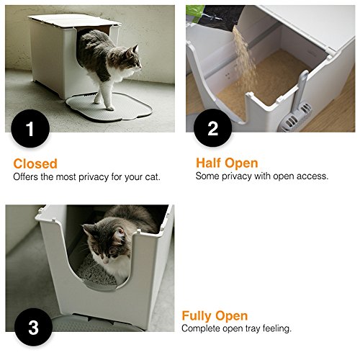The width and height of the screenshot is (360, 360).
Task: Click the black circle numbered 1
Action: click(x=30, y=128)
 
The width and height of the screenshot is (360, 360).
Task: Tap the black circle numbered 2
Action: click(x=212, y=127)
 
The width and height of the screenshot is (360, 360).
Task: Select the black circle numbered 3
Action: click(x=33, y=327)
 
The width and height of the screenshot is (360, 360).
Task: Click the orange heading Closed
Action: click(x=35, y=163)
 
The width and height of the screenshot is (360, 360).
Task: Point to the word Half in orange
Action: click(x=208, y=163)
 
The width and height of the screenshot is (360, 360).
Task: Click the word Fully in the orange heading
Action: click(x=196, y=315)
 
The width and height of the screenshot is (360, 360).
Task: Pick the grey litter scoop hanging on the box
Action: click(x=297, y=104)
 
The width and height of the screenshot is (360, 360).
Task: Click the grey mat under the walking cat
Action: click(x=109, y=107)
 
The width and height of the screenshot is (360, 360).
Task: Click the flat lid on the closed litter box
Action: click(x=74, y=21)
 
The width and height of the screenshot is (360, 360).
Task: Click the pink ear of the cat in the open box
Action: click(x=120, y=233)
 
